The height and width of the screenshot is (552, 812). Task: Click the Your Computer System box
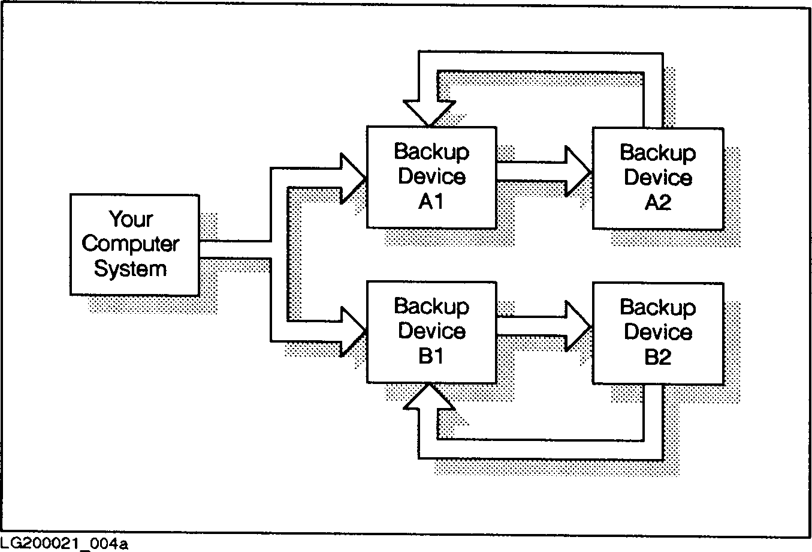134,244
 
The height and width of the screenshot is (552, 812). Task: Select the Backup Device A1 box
431,177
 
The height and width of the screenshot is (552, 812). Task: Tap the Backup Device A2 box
657,178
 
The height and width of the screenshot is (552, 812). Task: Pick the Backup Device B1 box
431,332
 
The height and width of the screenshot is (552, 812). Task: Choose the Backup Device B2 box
657,333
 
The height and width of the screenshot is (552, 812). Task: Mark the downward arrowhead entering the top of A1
429,112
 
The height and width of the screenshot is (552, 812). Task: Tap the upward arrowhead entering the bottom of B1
429,397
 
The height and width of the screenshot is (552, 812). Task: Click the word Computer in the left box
130,244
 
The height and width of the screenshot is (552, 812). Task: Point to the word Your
131,219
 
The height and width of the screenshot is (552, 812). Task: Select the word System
130,269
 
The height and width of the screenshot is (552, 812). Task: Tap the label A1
431,202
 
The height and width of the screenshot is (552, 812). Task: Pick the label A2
657,203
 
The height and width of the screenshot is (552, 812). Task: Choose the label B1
431,356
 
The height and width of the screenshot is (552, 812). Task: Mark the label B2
657,358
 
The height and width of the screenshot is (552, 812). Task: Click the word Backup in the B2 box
657,308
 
